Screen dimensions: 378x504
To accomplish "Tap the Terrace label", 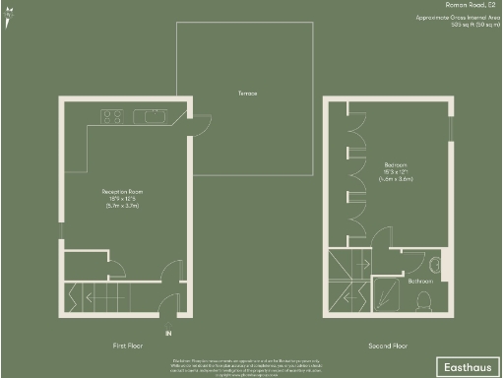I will click(x=246, y=94).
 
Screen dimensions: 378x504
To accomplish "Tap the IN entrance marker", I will click(x=168, y=334).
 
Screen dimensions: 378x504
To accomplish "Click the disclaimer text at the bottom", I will click(x=251, y=367).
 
